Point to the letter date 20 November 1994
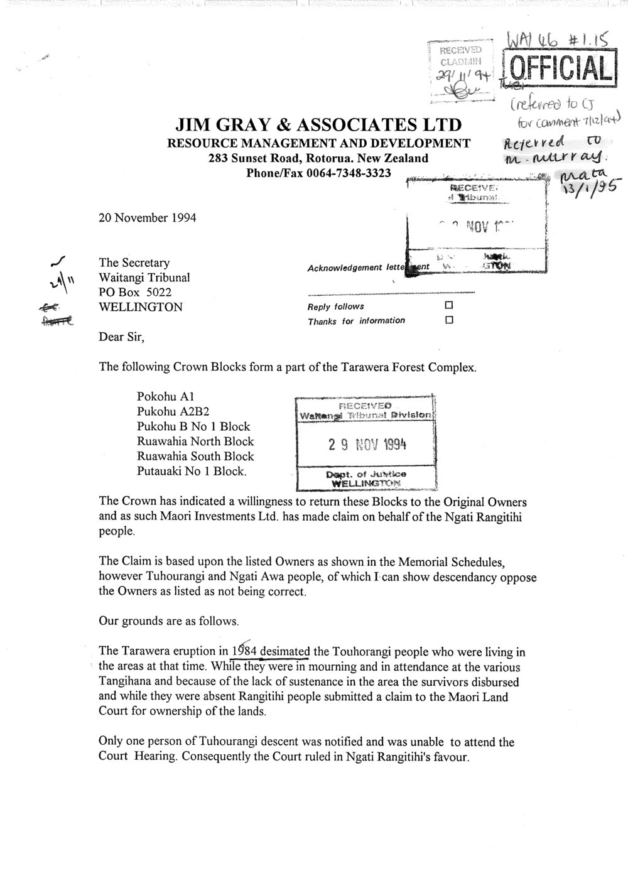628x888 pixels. (x=147, y=219)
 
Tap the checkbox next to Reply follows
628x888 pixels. (x=448, y=306)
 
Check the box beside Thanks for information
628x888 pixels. (x=448, y=321)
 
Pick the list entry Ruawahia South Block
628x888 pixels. (x=195, y=457)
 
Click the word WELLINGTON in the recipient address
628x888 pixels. (x=141, y=307)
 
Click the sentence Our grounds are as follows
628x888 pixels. (x=169, y=621)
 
